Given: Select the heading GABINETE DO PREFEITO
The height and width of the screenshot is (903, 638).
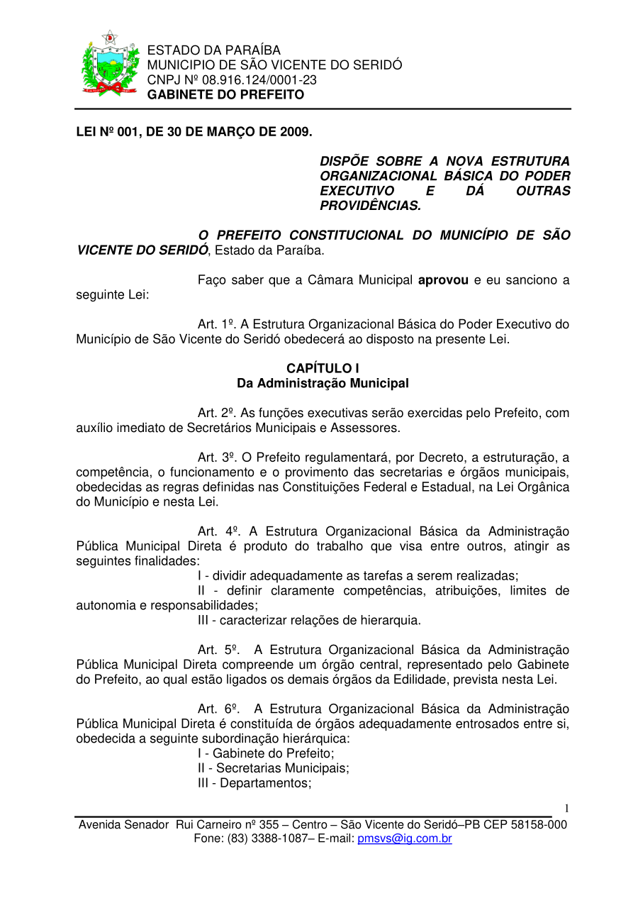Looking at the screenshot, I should tap(225, 94).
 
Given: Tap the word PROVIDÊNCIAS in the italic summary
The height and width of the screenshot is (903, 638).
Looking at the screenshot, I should tap(370, 206).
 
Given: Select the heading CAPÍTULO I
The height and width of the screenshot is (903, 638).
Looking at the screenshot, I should tap(323, 368).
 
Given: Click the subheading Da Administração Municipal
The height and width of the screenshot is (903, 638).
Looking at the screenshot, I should tap(323, 383).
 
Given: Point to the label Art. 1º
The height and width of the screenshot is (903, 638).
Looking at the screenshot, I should tap(216, 324).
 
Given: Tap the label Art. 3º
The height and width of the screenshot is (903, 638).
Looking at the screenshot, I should tap(216, 457).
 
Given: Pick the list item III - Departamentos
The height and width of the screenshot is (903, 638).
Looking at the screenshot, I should tap(254, 782).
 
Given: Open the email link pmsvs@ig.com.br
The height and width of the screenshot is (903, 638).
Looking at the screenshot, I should tap(405, 838).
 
